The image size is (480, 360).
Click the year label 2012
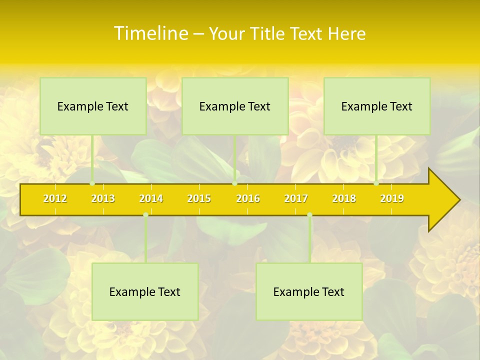(55, 198)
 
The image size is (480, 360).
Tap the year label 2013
(103, 198)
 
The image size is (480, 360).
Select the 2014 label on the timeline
(151, 198)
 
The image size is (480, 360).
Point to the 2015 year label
(199, 198)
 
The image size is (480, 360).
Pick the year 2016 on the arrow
(248, 198)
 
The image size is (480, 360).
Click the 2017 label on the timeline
(296, 198)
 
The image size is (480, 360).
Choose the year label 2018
(344, 198)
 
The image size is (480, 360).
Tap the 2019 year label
(392, 198)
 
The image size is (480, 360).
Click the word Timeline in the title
(150, 33)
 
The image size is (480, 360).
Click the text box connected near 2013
(93, 106)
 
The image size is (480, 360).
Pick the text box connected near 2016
(235, 106)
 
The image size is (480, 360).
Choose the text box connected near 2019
(377, 106)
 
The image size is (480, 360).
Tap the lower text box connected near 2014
(145, 291)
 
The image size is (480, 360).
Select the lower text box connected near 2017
(309, 291)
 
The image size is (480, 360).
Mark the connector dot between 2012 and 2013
(92, 183)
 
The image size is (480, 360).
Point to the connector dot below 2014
(145, 215)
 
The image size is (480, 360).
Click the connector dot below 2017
(309, 215)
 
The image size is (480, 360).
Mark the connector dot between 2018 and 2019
(376, 183)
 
